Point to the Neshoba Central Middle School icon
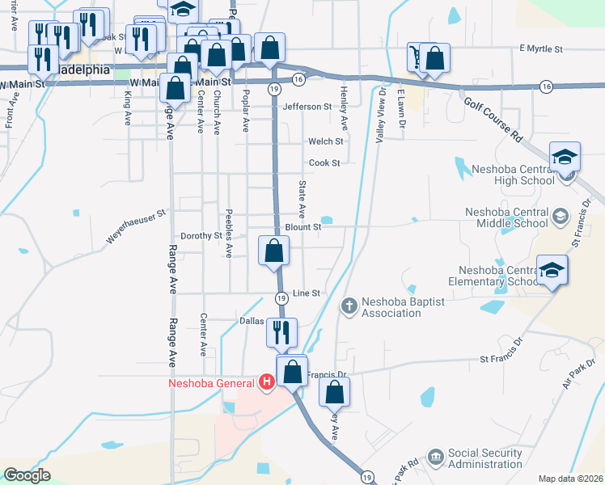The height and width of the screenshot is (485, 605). pyautogui.click(x=560, y=217)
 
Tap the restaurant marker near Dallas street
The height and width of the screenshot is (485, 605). pyautogui.click(x=281, y=332)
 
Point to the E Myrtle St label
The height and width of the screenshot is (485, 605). pyautogui.click(x=541, y=49)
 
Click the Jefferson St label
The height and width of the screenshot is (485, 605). pyautogui.click(x=307, y=107)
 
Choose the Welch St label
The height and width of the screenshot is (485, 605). pyautogui.click(x=326, y=141)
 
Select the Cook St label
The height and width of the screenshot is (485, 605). pyautogui.click(x=324, y=162)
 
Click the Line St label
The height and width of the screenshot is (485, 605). pyautogui.click(x=307, y=293)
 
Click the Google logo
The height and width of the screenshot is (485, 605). pyautogui.click(x=27, y=475)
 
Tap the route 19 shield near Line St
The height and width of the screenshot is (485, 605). pyautogui.click(x=281, y=298)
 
